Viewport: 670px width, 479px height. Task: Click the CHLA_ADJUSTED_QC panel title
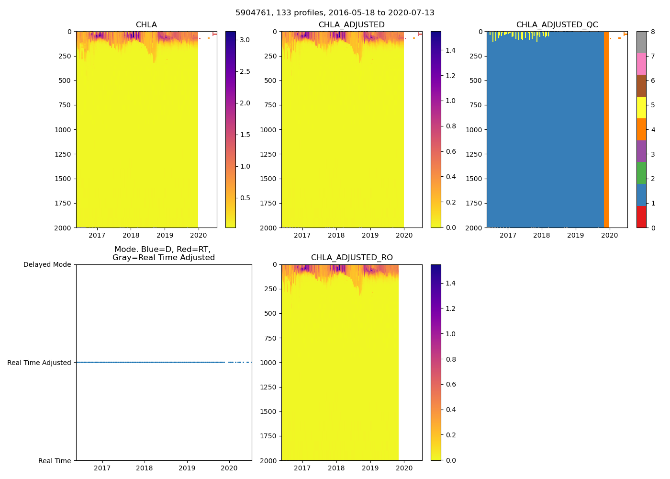[557, 25]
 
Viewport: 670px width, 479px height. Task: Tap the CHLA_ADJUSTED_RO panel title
[352, 258]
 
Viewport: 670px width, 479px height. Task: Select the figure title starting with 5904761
[335, 13]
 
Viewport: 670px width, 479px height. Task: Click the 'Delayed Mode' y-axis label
[47, 264]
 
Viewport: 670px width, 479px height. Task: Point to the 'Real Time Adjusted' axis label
[39, 363]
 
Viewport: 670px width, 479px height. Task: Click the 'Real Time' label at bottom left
[55, 461]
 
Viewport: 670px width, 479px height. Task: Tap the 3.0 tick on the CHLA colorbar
[245, 40]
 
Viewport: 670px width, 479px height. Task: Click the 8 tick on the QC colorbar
[653, 32]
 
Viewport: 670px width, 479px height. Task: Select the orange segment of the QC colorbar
[641, 129]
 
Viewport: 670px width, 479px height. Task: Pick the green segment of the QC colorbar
[641, 173]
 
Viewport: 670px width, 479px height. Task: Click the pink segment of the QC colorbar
[641, 64]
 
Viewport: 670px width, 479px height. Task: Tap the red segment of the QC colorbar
[641, 217]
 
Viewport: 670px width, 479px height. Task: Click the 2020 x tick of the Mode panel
[229, 468]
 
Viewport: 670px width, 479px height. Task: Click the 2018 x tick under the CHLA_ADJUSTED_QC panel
[542, 235]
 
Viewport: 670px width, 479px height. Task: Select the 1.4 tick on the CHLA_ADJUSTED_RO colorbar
[450, 283]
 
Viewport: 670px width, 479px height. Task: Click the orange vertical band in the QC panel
[606, 129]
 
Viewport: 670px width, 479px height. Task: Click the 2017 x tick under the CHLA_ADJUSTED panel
[302, 235]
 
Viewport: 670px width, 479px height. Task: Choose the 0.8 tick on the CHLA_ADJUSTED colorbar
[451, 126]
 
